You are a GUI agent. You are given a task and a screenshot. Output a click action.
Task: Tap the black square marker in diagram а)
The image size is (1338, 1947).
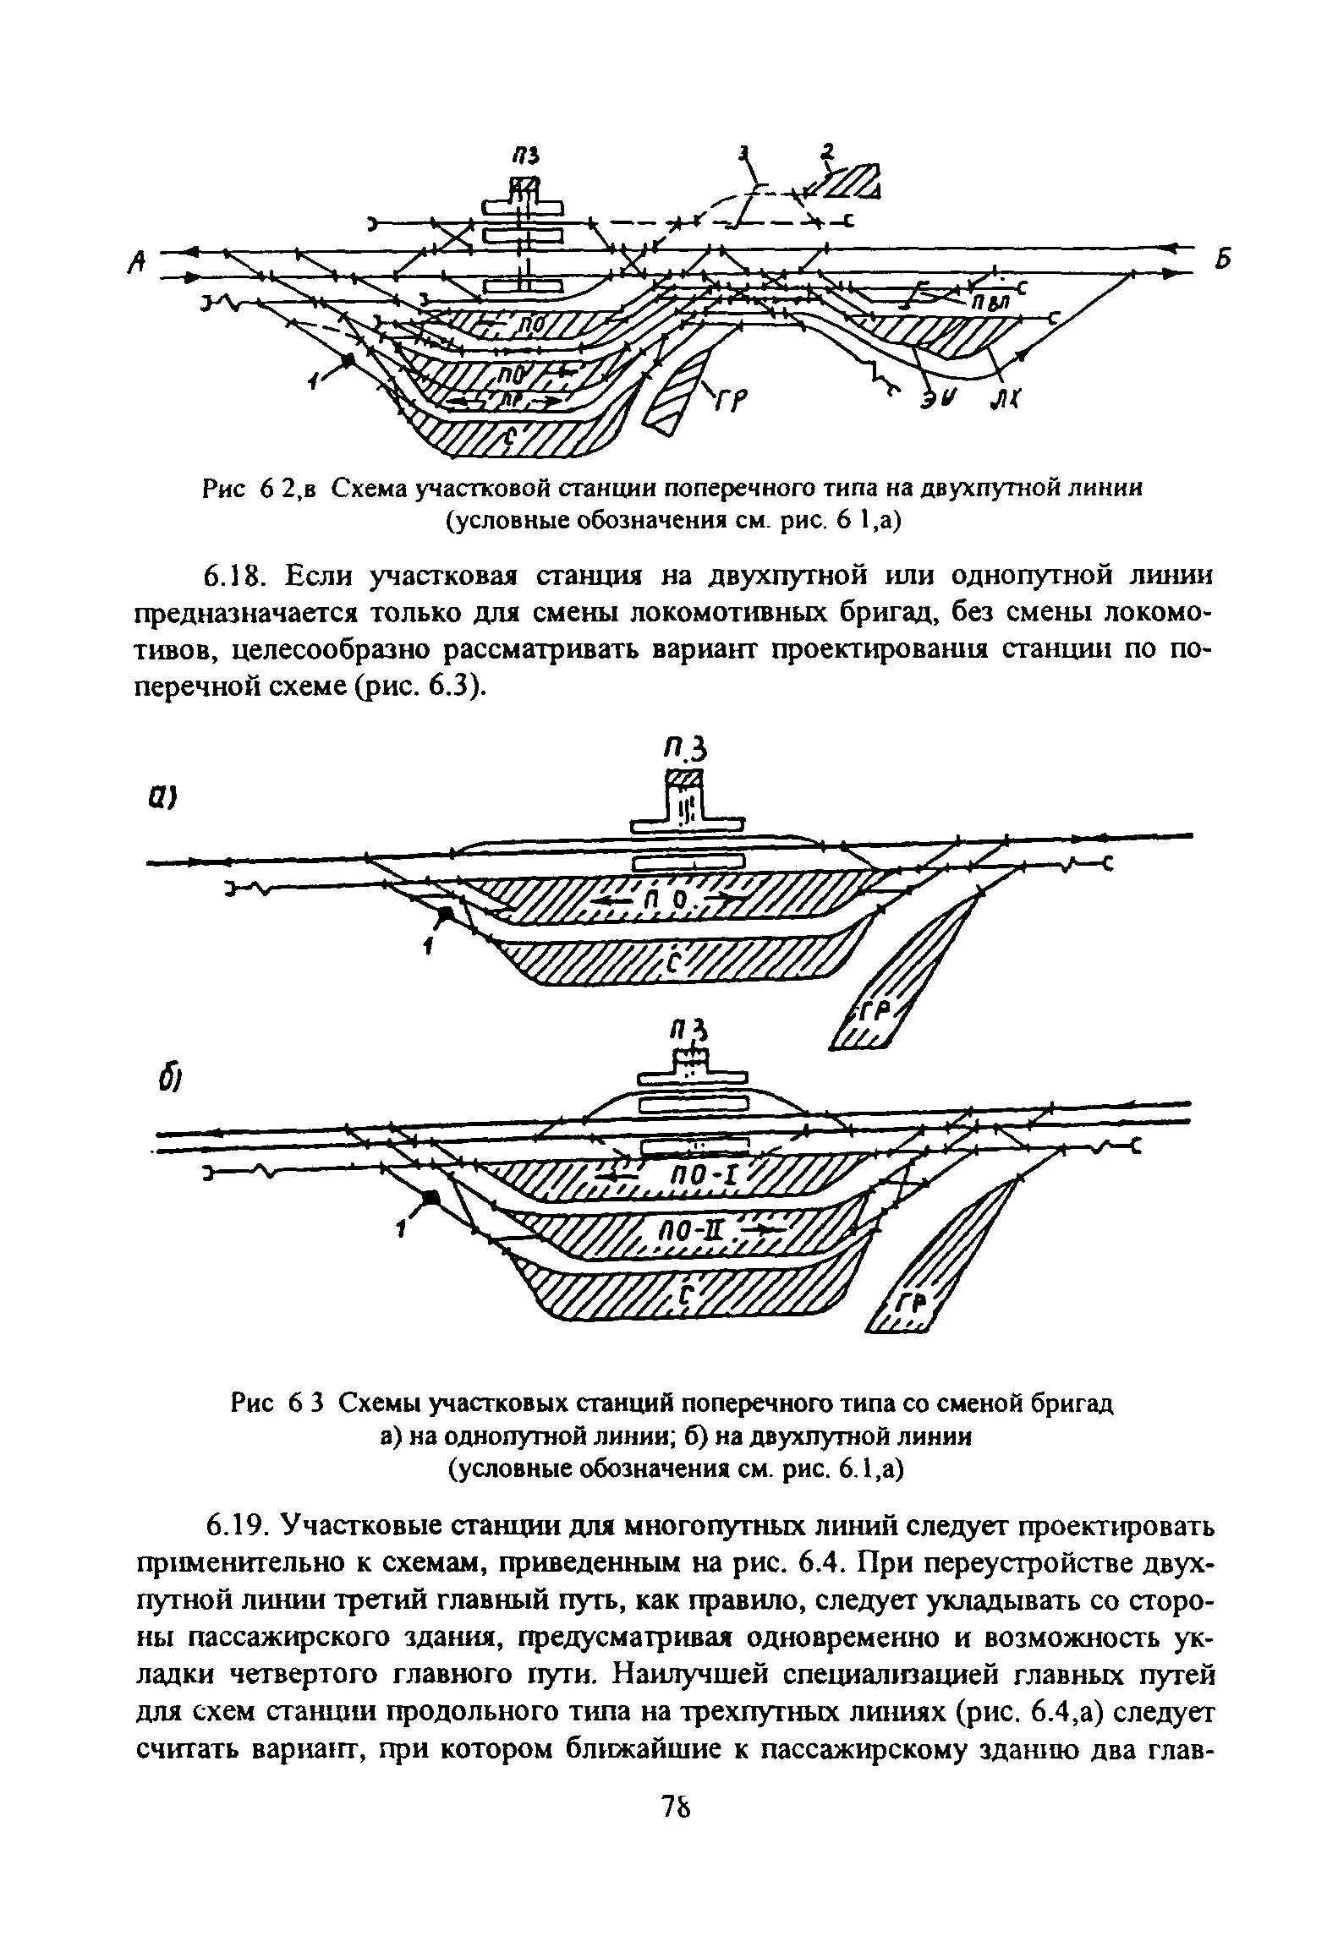tap(447, 914)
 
